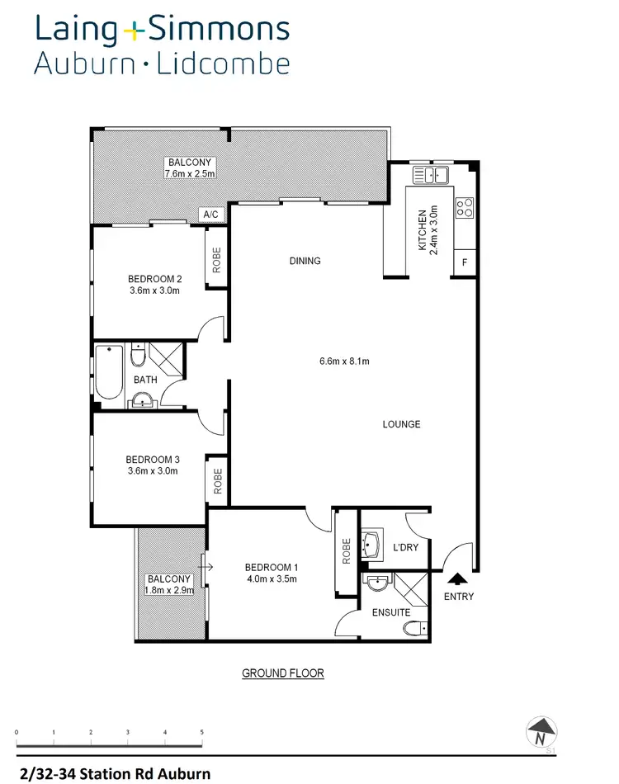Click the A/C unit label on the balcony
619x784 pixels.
point(210,215)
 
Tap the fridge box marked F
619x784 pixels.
point(465,263)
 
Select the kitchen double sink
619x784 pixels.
point(430,174)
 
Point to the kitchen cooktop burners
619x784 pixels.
point(465,206)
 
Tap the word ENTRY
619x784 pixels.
point(459,597)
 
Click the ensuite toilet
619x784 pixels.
point(415,630)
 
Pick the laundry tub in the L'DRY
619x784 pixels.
point(372,545)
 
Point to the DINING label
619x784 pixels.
point(305,261)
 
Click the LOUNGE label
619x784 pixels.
point(402,424)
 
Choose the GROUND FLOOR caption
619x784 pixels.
point(283,673)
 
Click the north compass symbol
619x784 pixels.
point(541,731)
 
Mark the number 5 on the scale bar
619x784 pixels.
point(201,732)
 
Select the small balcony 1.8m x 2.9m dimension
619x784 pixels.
point(169,591)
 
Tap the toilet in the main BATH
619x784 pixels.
point(138,356)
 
